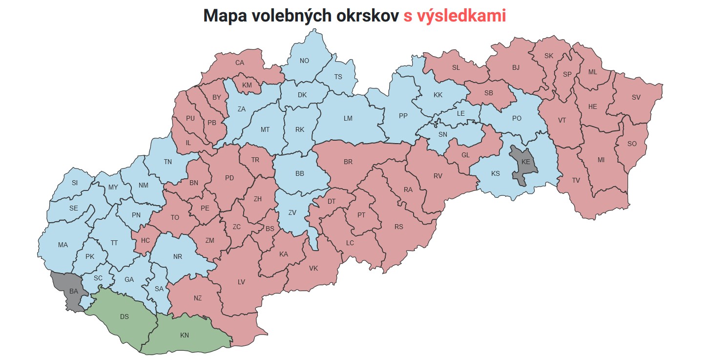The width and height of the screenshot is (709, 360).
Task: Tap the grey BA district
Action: [73, 292]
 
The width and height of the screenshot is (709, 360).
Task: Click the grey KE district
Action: [525, 162]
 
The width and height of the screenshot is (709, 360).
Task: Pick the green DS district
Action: [125, 317]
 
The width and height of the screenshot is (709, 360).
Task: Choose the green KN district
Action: [184, 335]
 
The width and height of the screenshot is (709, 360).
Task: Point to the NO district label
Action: [304, 61]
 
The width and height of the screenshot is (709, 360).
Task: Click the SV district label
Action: [636, 97]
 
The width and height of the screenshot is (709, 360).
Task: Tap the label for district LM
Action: [348, 118]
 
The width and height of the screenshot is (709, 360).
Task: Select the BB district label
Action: [300, 173]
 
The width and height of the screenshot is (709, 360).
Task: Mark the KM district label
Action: [247, 85]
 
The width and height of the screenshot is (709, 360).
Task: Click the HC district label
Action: [146, 240]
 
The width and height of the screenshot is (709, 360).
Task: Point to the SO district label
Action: [632, 144]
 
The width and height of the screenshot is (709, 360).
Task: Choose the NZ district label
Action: [197, 298]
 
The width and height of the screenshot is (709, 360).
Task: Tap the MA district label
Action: [63, 245]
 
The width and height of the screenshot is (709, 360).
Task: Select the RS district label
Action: [399, 227]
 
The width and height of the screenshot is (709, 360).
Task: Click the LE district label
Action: [461, 113]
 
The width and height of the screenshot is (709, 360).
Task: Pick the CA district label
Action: [240, 63]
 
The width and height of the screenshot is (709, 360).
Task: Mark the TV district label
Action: [576, 180]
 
